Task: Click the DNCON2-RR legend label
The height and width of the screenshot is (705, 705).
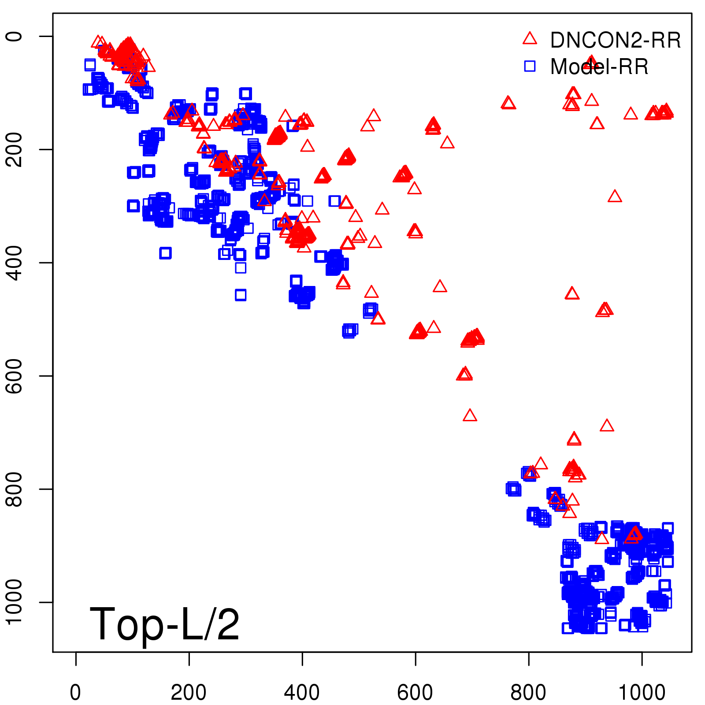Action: [x=615, y=41]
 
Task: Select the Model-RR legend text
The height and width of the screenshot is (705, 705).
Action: [x=599, y=67]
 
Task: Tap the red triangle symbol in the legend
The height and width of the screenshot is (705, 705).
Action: [x=530, y=38]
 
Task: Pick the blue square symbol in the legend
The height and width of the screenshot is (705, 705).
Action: [x=530, y=66]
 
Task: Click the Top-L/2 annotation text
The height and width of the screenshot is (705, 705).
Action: [x=164, y=624]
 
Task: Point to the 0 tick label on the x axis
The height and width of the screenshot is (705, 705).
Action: [x=76, y=693]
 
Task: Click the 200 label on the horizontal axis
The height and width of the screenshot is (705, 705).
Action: [x=189, y=693]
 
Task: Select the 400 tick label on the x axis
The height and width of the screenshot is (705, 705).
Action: [x=302, y=693]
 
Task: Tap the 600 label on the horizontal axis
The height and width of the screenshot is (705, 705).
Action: [x=415, y=693]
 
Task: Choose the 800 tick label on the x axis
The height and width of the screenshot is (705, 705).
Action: [x=528, y=693]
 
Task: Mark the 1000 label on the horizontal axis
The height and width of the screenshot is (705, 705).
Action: [x=642, y=693]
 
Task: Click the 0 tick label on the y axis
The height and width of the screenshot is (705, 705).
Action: [x=14, y=36]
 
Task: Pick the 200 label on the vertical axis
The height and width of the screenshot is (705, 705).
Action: [x=14, y=149]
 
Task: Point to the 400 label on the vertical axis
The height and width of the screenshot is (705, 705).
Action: [x=14, y=263]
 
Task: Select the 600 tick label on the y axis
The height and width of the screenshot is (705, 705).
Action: [x=14, y=376]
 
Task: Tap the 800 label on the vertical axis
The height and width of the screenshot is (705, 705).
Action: [x=14, y=489]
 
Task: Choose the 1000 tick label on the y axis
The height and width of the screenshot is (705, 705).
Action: [x=14, y=602]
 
